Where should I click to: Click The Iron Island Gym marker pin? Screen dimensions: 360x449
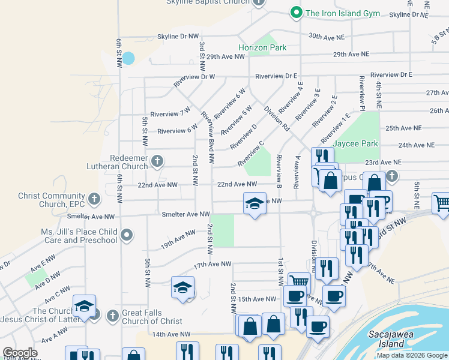tap(296, 13)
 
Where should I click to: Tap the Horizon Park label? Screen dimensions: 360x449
tap(262, 47)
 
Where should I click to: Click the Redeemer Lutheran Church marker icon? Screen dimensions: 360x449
tap(157, 161)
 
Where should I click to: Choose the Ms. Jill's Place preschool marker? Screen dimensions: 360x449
tap(127, 235)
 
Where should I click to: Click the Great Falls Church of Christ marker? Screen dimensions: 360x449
tap(112, 315)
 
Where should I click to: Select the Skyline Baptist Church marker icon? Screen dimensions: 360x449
tap(259, 2)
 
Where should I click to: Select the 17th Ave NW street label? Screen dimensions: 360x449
tap(212, 264)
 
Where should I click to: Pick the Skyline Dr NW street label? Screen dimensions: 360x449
tap(178, 37)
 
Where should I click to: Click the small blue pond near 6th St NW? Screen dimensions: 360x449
tap(128, 59)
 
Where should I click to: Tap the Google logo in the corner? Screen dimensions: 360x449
tap(20, 353)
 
